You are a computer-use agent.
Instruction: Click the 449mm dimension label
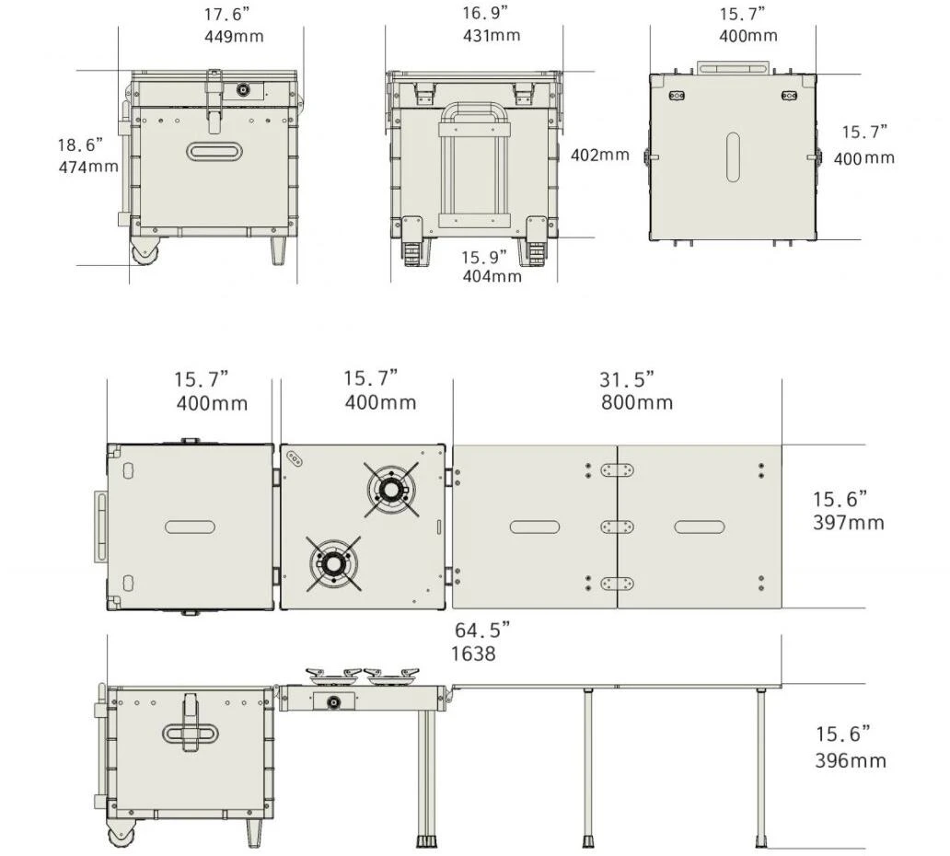coord(234,36)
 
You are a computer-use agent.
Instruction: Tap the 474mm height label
coord(88,167)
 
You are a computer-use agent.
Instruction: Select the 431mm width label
coord(492,35)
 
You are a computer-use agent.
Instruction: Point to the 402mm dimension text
coord(600,155)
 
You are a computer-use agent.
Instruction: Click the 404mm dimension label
coord(492,276)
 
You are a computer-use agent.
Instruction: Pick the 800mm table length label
coord(637,402)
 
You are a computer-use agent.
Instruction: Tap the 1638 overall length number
coord(473,654)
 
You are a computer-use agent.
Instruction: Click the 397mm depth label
coord(848,522)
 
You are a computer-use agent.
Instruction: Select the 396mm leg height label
coord(850,760)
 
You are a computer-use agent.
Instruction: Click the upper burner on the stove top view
coord(391,490)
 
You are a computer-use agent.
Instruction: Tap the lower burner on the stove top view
coord(333,563)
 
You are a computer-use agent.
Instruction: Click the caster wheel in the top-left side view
coord(145,250)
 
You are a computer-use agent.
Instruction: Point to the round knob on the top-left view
coord(243,91)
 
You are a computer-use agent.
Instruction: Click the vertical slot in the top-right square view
coord(733,156)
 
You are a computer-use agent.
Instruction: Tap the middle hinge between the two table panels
coord(617,526)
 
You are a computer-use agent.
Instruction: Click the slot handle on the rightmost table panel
coord(700,527)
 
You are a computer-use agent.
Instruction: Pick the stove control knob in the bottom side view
coord(333,702)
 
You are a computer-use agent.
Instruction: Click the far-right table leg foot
coord(761,841)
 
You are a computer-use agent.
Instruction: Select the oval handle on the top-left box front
coord(214,151)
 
